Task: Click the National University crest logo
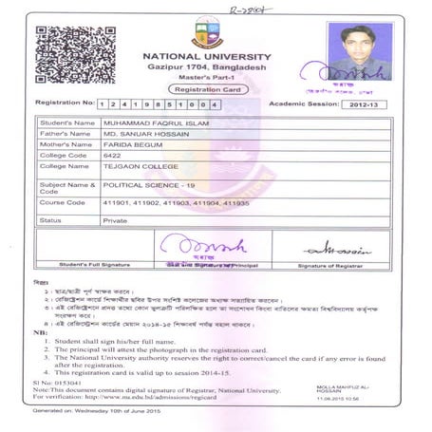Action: [206, 33]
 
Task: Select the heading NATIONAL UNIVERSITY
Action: [206, 57]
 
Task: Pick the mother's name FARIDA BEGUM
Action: [129, 149]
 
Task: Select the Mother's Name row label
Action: [66, 149]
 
